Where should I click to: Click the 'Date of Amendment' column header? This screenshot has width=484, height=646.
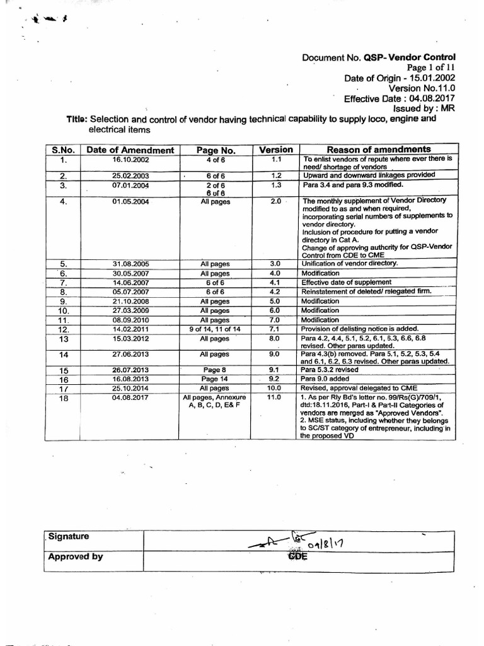[x=130, y=150]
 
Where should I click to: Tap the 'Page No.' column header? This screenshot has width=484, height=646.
[x=216, y=150]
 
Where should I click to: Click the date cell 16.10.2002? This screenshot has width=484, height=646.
[x=130, y=160]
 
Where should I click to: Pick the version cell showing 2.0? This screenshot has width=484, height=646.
[x=275, y=202]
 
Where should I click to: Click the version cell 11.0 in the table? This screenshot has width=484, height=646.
[x=275, y=398]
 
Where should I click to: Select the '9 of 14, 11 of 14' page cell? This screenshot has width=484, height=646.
[x=216, y=329]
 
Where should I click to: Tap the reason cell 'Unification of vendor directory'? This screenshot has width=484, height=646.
[x=350, y=262]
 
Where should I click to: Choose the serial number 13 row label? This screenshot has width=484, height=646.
[x=64, y=339]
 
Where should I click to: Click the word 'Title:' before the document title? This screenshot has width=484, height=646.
[x=78, y=120]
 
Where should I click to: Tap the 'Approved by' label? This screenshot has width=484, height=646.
[x=75, y=556]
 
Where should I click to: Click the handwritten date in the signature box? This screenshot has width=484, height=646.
[x=340, y=541]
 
